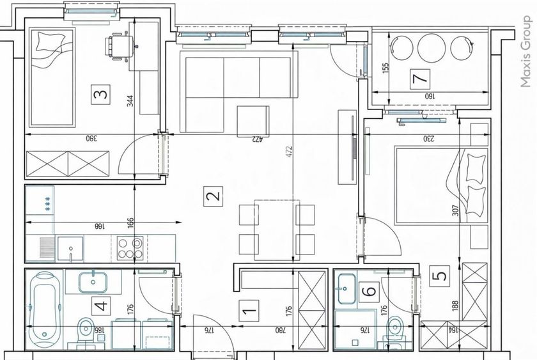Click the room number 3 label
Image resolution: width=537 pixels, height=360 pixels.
click(101, 94)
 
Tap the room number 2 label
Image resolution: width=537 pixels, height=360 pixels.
click(214, 196)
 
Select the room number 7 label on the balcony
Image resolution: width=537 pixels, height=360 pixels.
click(420, 79)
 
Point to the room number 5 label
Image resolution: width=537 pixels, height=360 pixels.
click(440, 276)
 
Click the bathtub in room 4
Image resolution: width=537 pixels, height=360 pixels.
click(44, 309)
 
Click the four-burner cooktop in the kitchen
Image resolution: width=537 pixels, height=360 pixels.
click(130, 248)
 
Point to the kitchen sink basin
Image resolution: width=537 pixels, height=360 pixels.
click(70, 248)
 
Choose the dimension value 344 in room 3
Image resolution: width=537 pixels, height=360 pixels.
click(130, 100)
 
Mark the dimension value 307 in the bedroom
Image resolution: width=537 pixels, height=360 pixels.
click(455, 210)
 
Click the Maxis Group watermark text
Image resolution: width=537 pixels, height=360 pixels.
click(525, 52)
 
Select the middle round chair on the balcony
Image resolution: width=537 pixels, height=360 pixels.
click(432, 48)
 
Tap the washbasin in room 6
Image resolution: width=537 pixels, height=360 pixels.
click(346, 289)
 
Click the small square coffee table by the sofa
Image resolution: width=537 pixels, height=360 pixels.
click(253, 121)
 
